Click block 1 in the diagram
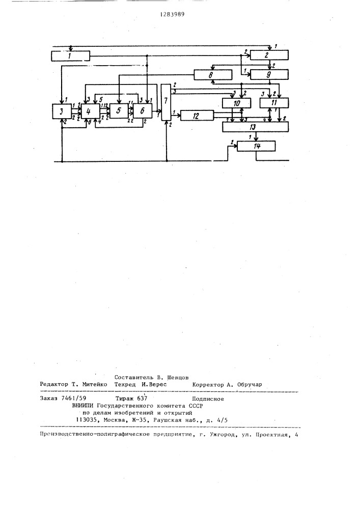(x=70, y=56)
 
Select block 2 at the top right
(x=269, y=55)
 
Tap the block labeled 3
(x=62, y=111)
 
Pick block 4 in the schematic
(x=91, y=111)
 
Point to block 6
(x=143, y=111)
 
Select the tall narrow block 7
(x=165, y=102)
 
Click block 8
(x=213, y=75)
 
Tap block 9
(x=269, y=75)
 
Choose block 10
(x=237, y=103)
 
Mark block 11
(x=274, y=103)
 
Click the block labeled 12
(x=197, y=116)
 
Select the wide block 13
(x=255, y=127)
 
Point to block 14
(x=257, y=147)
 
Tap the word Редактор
(x=54, y=384)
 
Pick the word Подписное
(x=208, y=399)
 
